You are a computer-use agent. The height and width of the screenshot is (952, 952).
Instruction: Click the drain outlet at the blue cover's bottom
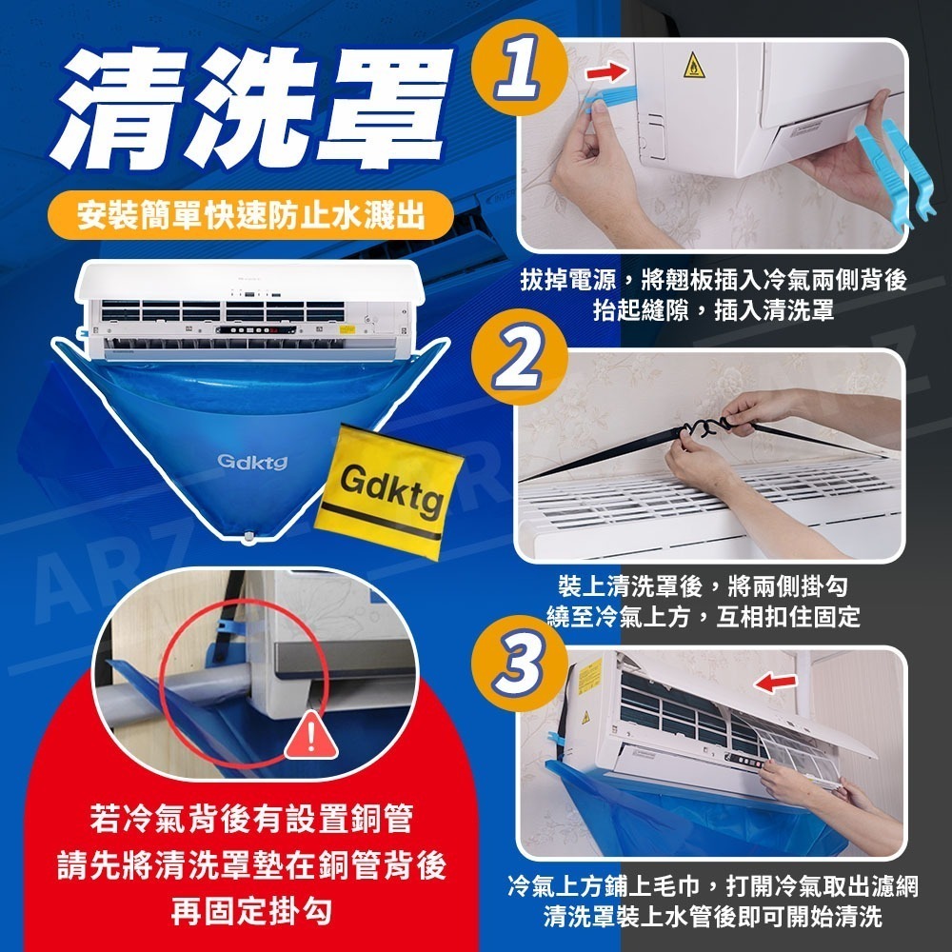click(x=249, y=538)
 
